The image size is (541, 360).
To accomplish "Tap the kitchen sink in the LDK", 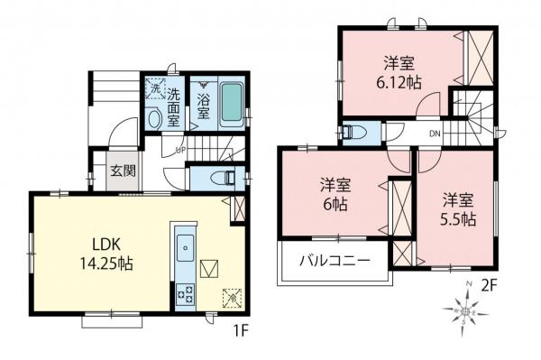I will pos(185,245).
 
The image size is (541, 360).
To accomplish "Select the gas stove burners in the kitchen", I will pos(187,293).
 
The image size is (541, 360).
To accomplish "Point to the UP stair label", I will pos(179,149).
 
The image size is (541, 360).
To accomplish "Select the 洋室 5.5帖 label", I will pos(457,208).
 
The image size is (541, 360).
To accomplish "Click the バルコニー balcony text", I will pos(335,263).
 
